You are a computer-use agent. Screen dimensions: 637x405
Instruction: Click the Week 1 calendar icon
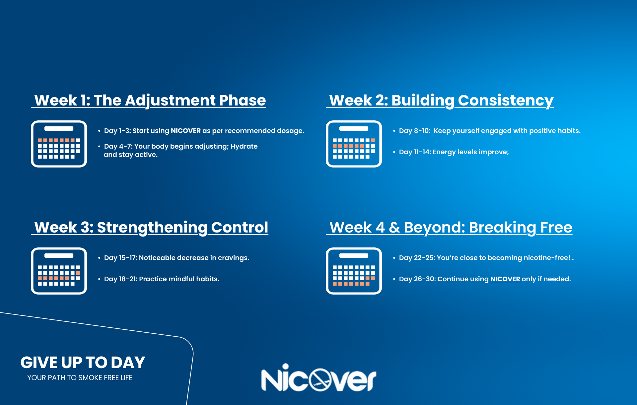point(59,144)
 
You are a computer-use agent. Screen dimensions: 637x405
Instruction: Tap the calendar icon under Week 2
point(354,144)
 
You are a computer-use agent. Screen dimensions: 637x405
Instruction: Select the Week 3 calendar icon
point(59,271)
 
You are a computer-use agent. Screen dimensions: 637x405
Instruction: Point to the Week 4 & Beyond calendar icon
point(354,271)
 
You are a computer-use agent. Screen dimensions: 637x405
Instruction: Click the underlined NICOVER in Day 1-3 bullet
point(186,131)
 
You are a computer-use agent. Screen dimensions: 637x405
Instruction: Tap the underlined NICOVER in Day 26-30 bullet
point(505,279)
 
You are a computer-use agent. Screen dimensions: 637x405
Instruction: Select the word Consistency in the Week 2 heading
point(506,101)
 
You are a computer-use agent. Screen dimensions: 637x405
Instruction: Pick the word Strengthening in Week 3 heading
point(152,228)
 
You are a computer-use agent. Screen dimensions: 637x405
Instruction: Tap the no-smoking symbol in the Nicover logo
point(320,379)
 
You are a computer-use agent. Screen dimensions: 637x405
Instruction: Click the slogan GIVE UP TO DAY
point(83,363)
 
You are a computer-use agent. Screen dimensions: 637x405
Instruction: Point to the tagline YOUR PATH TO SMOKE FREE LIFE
point(80,378)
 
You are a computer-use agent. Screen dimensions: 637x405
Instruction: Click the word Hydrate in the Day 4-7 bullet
point(244,146)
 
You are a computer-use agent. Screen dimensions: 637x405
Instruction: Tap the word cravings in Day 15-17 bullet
point(233,258)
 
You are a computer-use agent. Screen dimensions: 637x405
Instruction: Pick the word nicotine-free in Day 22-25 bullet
point(547,258)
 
